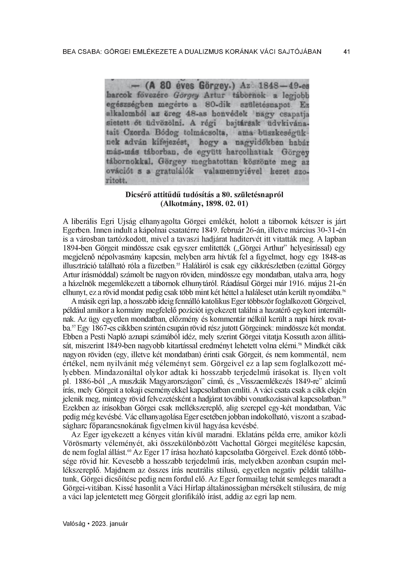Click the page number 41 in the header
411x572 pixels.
[x=347, y=52]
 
